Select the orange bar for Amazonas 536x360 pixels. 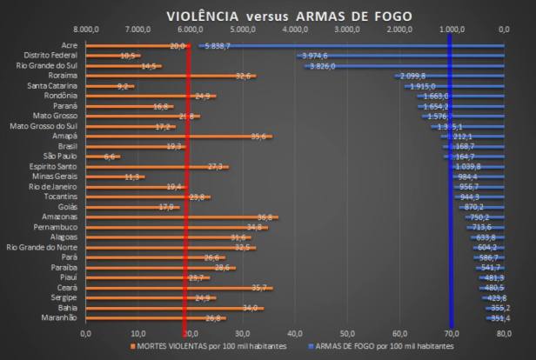point(174,217)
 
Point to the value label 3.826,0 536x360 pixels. point(325,66)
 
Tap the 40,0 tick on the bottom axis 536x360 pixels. point(294,333)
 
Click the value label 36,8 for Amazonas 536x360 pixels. point(267,217)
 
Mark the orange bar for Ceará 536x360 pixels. point(174,287)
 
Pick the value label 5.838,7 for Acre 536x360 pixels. point(218,45)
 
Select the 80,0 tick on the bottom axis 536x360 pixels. point(503,333)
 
